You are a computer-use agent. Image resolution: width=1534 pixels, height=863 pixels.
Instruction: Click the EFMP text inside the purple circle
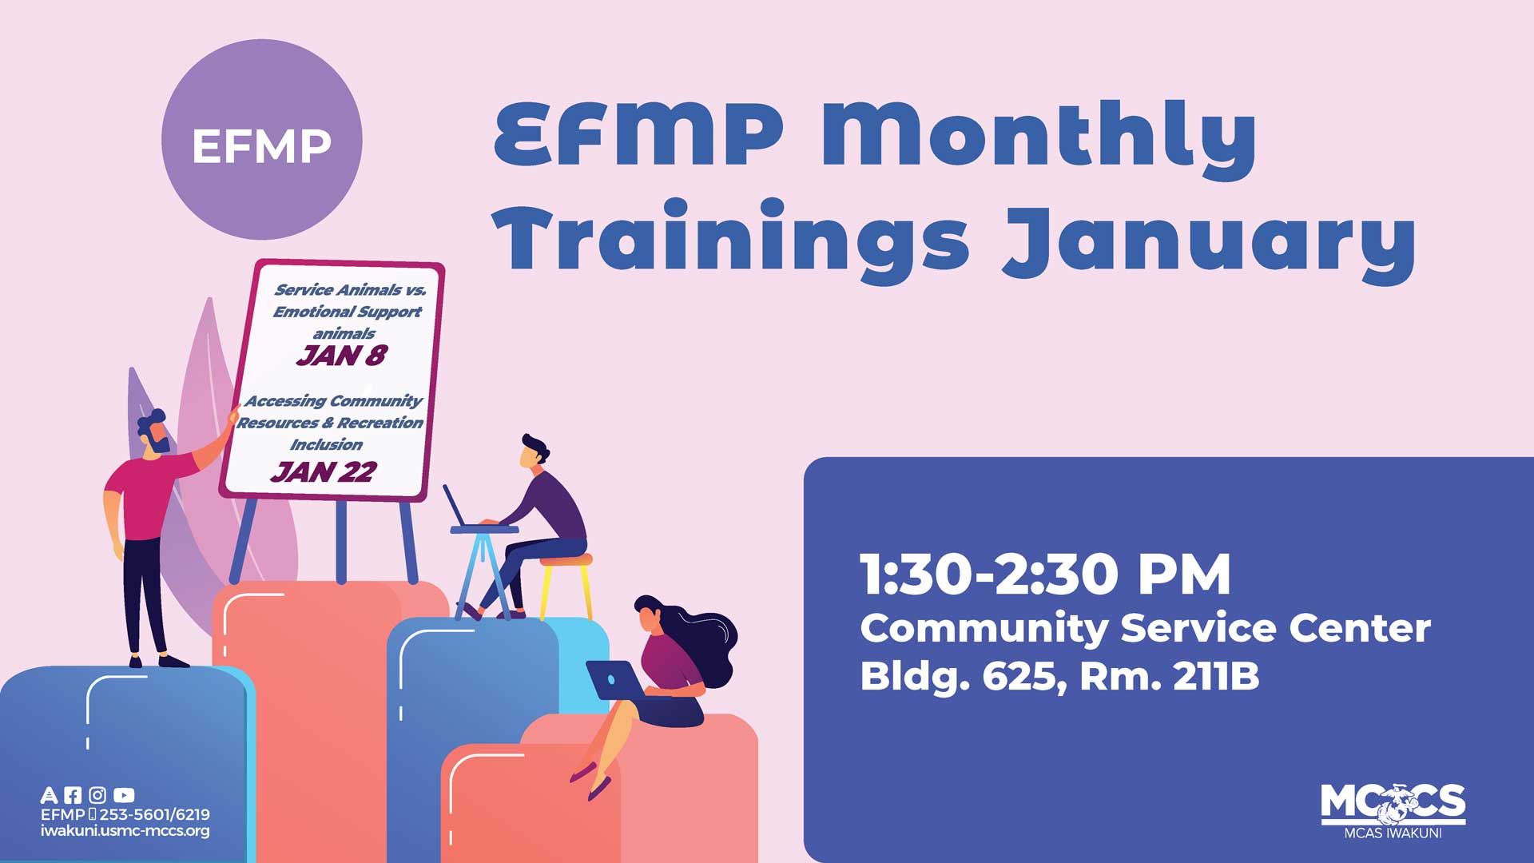coord(261,145)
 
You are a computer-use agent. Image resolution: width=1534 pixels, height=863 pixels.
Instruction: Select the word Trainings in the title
coord(731,237)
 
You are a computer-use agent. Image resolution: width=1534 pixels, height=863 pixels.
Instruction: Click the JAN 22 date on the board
coord(323,472)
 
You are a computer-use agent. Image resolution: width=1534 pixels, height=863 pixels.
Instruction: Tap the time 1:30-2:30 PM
coord(1044,575)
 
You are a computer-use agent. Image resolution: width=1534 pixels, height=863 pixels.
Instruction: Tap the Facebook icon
coord(73,795)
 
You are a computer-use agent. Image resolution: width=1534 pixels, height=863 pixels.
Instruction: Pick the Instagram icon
coord(97,795)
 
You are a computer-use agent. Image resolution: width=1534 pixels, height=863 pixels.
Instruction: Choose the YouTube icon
coord(124,795)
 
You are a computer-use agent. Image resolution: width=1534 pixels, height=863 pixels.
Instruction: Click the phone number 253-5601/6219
coord(154,814)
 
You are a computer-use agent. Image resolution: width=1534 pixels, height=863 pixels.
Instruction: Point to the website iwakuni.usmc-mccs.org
coord(125,831)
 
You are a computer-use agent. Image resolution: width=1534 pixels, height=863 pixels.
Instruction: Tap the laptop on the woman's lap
coord(614,680)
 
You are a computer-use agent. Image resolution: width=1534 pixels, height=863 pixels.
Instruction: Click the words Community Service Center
coord(1144,628)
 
